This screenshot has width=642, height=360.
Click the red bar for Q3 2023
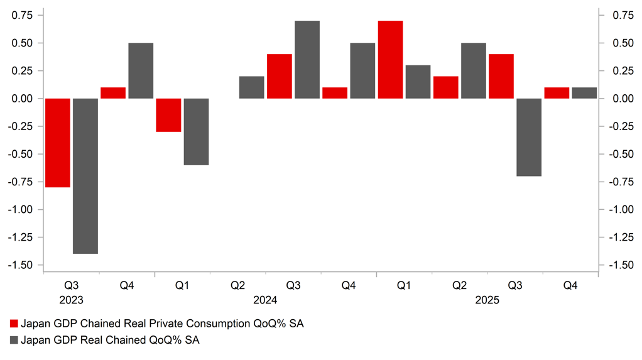tap(58, 143)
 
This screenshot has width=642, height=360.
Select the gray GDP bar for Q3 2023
tap(85, 176)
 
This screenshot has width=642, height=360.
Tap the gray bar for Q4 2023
tap(141, 70)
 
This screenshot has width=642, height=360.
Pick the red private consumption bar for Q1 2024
tap(168, 115)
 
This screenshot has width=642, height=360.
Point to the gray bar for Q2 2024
tap(252, 87)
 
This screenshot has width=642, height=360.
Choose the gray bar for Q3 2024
tap(307, 60)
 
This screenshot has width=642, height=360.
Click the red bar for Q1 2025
tap(390, 60)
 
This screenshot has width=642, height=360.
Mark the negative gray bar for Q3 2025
tap(529, 137)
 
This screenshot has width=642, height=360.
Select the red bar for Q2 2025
tap(446, 87)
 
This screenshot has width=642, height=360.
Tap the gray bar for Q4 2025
tap(584, 93)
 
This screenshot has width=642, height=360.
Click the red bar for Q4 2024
tap(335, 93)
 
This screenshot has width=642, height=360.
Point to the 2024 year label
tap(266, 300)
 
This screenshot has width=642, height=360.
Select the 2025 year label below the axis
tap(487, 300)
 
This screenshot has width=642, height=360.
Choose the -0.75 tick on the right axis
tap(621, 182)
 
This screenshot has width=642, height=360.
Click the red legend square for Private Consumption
tap(14, 324)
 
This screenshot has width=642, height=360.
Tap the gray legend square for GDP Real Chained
tap(14, 340)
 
